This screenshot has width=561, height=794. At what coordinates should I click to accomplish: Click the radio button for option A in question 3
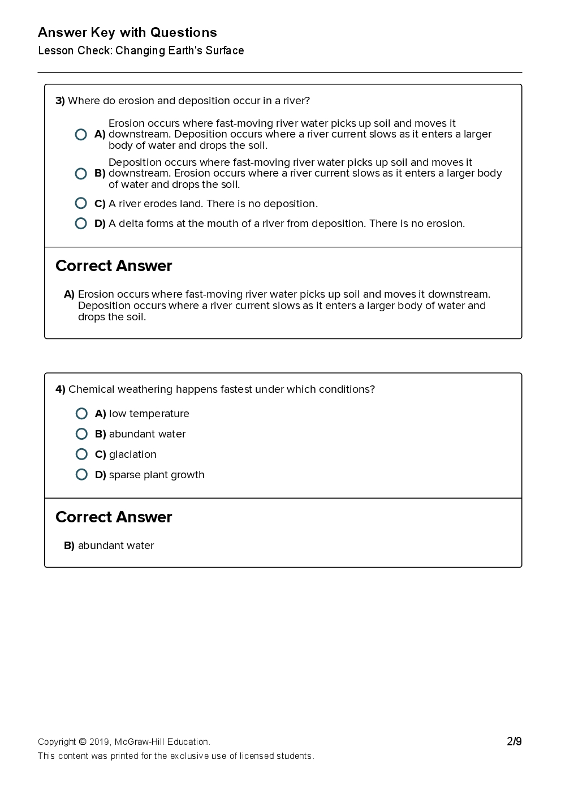pos(81,134)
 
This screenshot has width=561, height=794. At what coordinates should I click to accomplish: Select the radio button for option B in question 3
pos(81,174)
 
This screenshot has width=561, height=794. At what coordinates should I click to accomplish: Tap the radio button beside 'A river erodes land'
pos(81,203)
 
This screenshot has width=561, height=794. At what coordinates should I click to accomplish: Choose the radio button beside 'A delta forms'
pos(81,224)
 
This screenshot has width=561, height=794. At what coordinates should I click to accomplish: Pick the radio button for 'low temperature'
pos(81,414)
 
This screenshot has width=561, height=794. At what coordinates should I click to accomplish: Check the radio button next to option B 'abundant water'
pos(81,434)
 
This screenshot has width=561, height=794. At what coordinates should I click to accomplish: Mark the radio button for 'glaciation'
pos(81,454)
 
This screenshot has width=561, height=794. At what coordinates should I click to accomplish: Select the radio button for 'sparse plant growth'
pos(81,474)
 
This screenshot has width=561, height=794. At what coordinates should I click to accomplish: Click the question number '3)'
pos(60,101)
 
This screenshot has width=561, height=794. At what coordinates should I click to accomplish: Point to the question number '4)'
pos(61,389)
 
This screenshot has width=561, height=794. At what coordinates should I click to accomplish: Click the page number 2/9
pos(514,741)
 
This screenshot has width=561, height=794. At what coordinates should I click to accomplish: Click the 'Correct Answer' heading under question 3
pos(114,266)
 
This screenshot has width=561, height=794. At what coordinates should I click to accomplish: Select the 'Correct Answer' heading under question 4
pos(114,517)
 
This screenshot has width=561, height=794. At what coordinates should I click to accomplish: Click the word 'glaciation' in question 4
pos(132,454)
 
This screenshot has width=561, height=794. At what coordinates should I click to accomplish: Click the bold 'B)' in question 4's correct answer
pos(69,546)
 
